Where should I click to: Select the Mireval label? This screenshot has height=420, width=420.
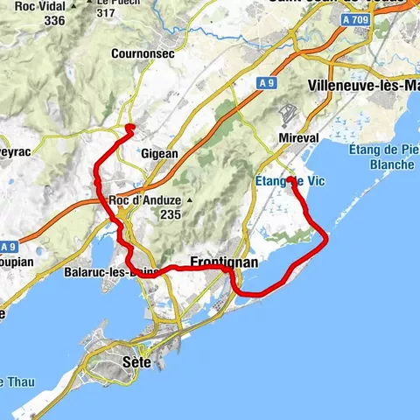coord(297,137)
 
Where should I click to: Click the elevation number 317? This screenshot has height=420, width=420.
coord(106,13)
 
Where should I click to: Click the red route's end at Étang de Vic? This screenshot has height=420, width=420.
coord(290,180)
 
